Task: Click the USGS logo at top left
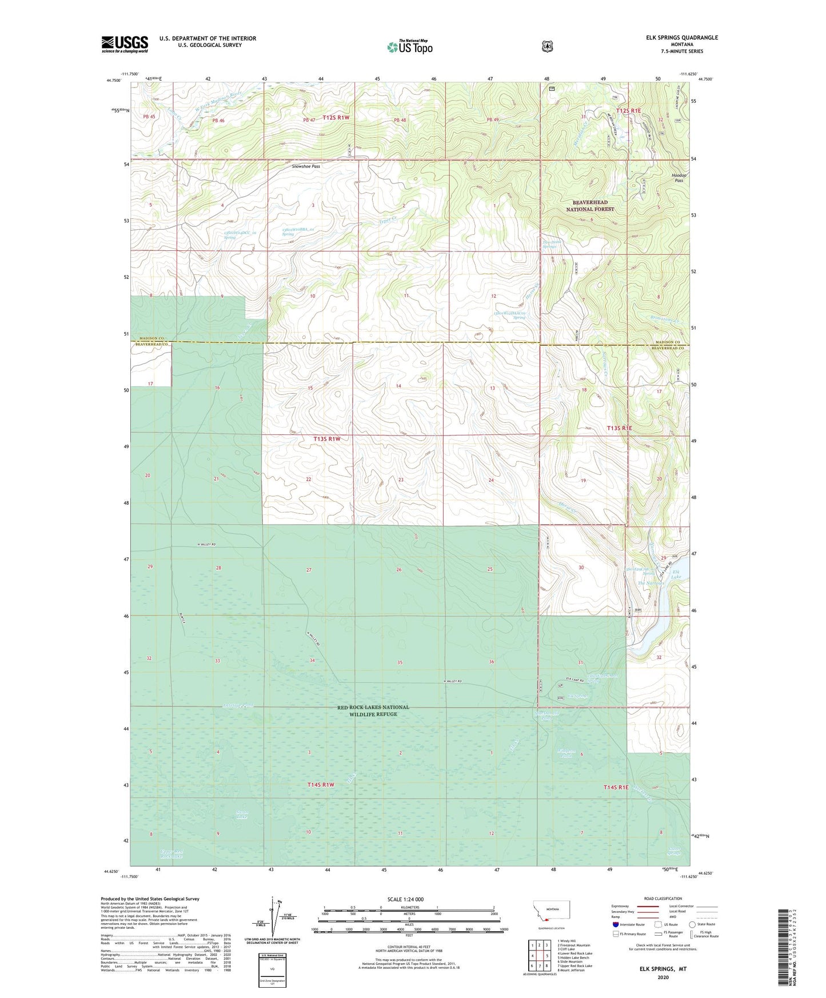(125, 44)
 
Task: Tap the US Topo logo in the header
(409, 47)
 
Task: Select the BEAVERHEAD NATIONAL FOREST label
(590, 206)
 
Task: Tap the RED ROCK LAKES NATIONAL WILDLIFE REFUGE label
(373, 710)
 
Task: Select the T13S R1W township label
(327, 438)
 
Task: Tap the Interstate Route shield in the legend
(615, 924)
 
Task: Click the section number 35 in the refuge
(400, 662)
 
